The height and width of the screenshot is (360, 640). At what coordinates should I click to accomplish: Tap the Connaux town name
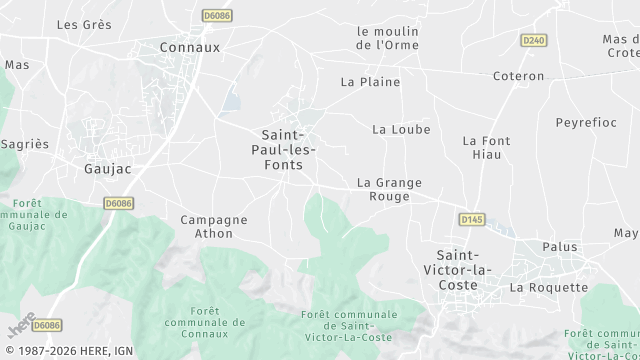(x=190, y=47)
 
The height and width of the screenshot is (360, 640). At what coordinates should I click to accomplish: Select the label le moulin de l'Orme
(x=388, y=38)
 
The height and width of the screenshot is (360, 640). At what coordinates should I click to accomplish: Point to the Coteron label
(x=519, y=76)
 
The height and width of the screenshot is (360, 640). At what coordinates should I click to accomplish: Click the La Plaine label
(x=370, y=82)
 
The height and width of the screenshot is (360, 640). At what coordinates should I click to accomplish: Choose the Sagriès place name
(x=25, y=144)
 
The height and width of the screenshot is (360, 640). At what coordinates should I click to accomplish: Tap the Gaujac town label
(x=108, y=169)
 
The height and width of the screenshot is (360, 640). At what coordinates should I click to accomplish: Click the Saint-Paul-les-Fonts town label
(x=288, y=149)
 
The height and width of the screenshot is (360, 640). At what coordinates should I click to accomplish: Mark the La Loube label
(x=401, y=129)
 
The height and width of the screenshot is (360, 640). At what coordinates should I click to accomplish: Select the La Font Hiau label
(x=487, y=148)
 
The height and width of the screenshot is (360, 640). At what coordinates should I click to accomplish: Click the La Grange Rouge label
(x=390, y=189)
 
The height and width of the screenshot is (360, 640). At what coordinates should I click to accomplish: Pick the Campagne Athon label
(x=214, y=226)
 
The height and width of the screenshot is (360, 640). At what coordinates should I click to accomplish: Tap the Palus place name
(x=560, y=246)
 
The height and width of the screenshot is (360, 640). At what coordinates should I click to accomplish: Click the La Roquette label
(x=549, y=287)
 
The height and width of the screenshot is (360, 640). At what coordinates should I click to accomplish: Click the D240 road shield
(x=533, y=40)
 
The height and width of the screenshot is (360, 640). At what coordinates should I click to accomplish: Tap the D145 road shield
(x=471, y=219)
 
